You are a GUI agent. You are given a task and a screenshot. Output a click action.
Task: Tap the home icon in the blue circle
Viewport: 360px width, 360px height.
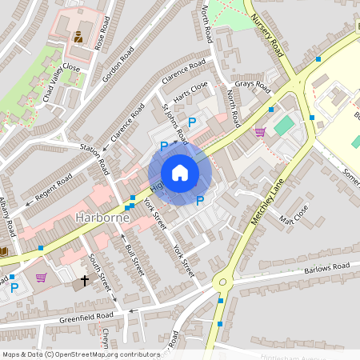tap(180, 173)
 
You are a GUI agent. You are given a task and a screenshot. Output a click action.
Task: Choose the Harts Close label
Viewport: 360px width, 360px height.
tap(191, 87)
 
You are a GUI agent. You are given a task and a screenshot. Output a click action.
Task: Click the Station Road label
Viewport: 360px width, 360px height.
tap(94, 157)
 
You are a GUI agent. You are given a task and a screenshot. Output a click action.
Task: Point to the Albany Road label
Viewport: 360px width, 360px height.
tap(7, 218)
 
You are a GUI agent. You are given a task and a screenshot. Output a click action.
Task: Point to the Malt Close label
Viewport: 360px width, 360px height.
tap(294, 214)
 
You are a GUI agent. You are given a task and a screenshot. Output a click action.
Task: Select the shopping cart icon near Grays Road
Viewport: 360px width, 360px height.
tap(260, 131)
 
